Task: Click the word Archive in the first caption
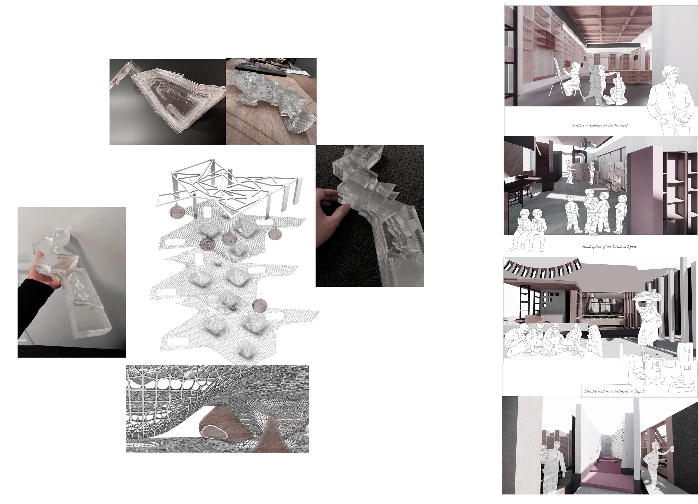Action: tap(578, 125)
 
